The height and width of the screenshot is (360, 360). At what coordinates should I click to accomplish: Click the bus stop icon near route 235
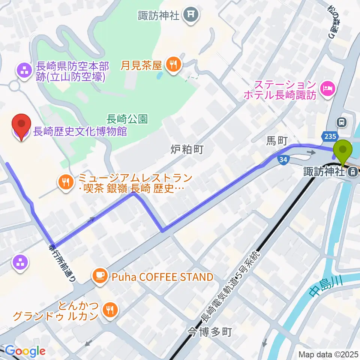point(341,121)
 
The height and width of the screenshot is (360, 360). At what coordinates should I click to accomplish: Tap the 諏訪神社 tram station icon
point(352,172)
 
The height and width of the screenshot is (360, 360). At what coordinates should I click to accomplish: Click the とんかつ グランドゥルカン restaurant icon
point(109,310)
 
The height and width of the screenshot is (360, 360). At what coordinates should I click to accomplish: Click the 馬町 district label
point(276,141)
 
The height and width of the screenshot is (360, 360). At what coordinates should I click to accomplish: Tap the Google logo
point(25,351)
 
